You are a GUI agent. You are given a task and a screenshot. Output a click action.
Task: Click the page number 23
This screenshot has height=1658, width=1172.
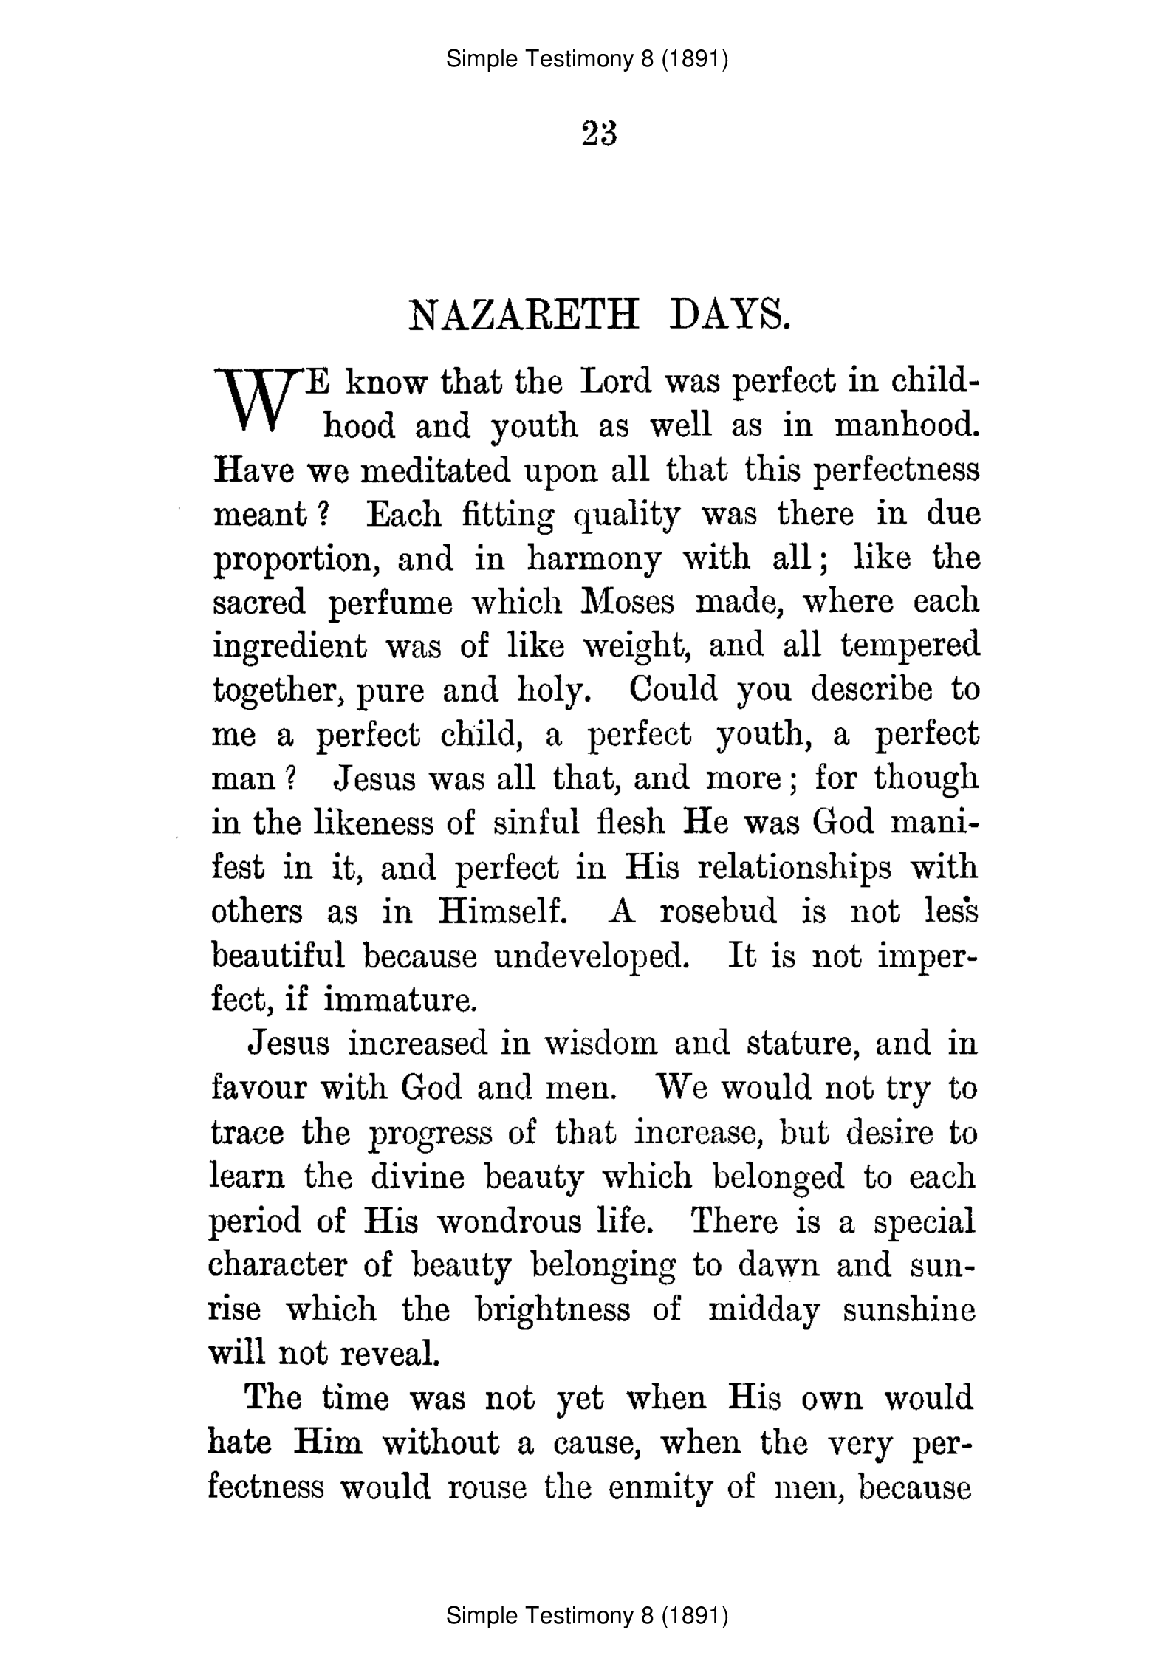(599, 134)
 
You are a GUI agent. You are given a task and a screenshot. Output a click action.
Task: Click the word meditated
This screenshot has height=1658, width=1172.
(435, 470)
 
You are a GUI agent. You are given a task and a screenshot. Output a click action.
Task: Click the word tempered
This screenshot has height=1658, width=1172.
(910, 647)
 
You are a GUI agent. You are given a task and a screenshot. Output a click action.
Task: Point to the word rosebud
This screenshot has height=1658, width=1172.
(718, 912)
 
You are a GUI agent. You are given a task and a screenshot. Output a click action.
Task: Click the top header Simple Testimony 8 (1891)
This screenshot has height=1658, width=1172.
(587, 59)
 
